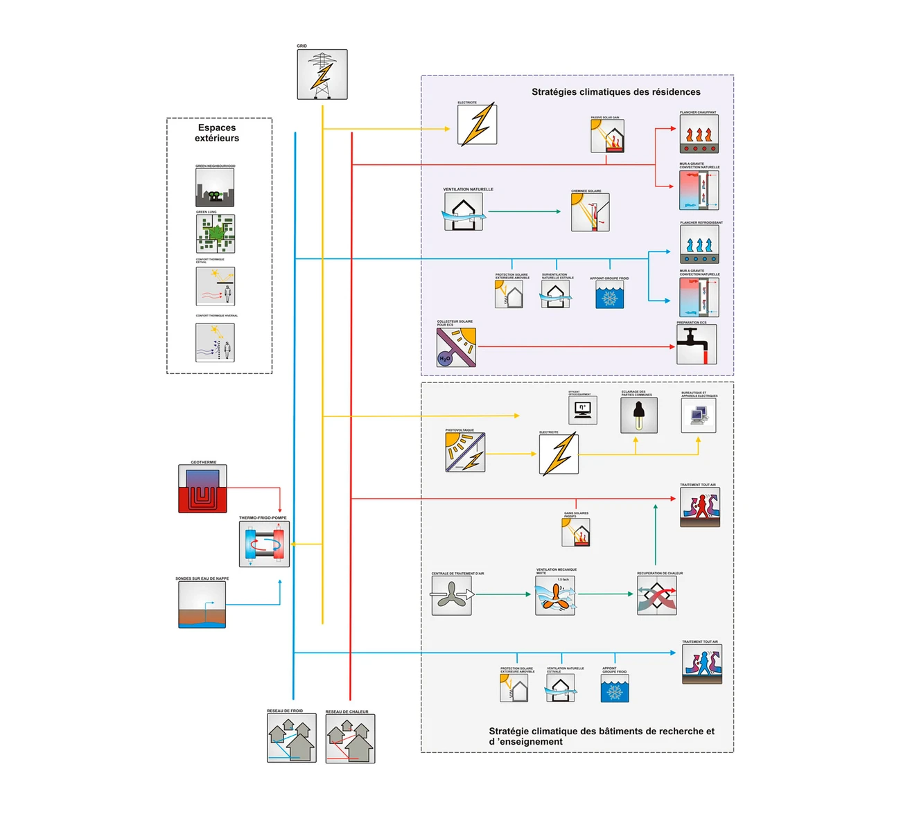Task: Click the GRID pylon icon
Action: point(322,74)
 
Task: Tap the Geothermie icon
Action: point(202,488)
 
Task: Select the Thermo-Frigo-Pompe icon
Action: point(264,544)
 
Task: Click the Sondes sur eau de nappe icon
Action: point(202,605)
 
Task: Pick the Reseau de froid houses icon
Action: point(292,738)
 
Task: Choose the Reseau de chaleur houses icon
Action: point(350,738)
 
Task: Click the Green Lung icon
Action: point(215,233)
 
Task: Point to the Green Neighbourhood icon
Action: point(215,187)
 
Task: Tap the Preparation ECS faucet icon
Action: point(697,344)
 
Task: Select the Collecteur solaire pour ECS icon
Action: point(456,347)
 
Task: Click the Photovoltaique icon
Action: point(465,452)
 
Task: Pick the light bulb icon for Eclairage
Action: point(639,416)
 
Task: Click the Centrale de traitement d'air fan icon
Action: point(452,595)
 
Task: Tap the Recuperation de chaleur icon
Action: point(657,595)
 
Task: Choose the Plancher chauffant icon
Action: point(699,134)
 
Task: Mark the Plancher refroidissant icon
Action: point(699,244)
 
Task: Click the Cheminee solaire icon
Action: point(590,212)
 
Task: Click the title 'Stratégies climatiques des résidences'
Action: point(615,92)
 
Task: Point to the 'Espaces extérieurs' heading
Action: point(217,133)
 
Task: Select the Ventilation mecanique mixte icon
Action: point(555,595)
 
